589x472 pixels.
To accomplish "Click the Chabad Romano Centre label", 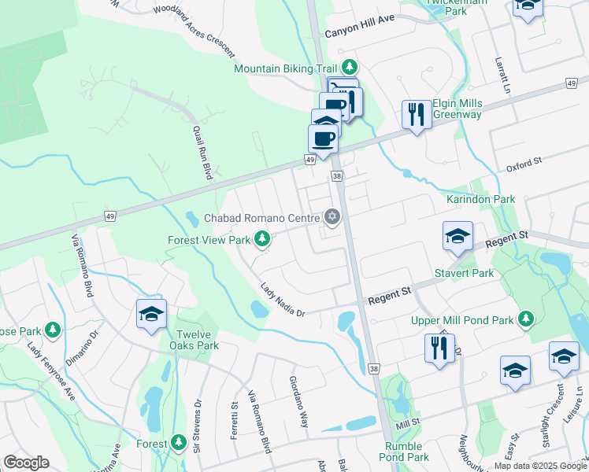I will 261,217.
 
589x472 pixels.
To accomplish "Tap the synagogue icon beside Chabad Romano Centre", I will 332,216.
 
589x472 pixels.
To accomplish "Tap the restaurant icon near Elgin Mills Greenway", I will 416,115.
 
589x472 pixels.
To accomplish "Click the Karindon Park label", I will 481,199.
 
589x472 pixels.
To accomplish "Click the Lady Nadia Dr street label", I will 283,301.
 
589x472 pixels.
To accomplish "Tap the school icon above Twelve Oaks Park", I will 151,314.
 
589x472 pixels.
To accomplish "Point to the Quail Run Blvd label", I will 204,153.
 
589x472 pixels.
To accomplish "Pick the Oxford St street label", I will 525,164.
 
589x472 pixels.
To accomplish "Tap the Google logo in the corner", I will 26,463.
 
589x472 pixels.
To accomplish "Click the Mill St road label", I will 409,424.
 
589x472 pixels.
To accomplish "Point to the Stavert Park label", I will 464,274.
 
